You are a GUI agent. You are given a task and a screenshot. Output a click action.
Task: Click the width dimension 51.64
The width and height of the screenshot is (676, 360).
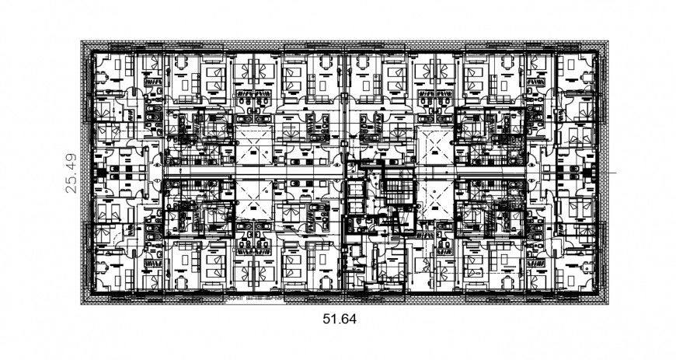[339, 318]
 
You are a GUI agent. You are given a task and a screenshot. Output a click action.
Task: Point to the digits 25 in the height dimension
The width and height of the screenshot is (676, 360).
[71, 183]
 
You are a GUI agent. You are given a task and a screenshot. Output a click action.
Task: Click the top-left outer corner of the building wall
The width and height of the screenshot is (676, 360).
[82, 41]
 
